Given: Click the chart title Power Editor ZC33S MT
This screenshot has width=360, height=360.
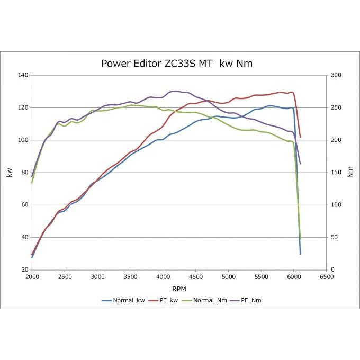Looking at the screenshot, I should (177, 64).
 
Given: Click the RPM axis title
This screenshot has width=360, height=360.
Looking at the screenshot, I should (179, 289).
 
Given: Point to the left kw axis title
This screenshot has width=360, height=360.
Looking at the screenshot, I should (9, 173).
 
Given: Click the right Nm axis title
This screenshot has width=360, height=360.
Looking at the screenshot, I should (350, 173).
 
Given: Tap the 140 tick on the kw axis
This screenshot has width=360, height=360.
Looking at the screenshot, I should (22, 75).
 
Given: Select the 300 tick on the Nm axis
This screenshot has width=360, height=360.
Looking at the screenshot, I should (337, 75).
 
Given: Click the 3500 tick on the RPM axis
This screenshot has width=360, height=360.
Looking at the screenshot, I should (130, 277).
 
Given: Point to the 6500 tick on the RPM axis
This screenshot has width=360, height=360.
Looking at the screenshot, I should (327, 277).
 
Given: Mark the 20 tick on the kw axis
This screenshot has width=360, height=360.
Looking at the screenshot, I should (24, 269).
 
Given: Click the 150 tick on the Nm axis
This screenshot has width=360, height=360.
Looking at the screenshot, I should (337, 173).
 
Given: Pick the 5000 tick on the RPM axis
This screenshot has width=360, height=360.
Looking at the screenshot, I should (228, 277).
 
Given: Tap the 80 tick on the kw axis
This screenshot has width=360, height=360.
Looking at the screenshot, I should (24, 173).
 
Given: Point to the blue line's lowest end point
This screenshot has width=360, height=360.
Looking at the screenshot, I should (300, 254).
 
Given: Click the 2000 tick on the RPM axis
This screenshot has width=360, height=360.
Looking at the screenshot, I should (32, 277).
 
